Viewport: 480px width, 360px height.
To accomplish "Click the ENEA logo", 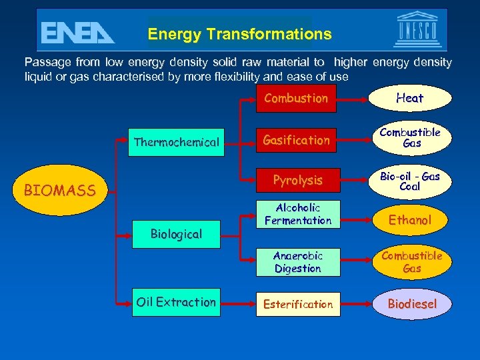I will (x=77, y=31).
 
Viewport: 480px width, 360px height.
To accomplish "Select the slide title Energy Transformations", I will (x=239, y=33).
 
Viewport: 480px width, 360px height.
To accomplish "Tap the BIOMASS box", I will (x=60, y=191).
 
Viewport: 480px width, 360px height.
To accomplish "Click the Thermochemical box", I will (x=176, y=142).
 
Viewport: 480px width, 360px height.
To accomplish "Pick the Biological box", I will (x=176, y=234).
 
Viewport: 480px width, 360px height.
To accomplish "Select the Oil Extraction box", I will (x=176, y=302).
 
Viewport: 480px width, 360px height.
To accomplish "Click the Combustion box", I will (x=296, y=98).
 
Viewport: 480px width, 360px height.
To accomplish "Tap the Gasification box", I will (x=296, y=140).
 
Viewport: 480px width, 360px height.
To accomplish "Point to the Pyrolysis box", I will (x=297, y=180).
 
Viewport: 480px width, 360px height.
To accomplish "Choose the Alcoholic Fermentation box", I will (x=297, y=214).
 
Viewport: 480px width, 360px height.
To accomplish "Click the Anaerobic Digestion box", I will (x=297, y=262).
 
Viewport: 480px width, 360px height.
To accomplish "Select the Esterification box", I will (x=297, y=304).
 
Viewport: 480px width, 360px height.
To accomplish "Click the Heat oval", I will (x=410, y=98).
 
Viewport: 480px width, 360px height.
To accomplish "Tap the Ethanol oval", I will (x=410, y=220).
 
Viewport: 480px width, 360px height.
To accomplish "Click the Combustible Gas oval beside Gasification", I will (x=410, y=137).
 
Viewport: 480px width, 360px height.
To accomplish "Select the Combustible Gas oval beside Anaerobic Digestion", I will (x=411, y=262).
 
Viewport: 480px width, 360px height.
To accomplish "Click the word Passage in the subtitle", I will (x=47, y=63).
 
